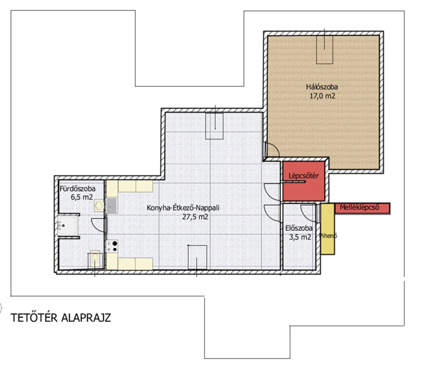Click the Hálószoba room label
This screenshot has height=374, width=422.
[322, 87]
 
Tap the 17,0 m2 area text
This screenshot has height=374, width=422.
[322, 96]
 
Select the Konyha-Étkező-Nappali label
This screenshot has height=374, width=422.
[183, 208]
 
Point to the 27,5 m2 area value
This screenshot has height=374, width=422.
[195, 217]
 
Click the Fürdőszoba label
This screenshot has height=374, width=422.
[77, 188]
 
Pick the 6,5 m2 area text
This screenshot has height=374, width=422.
[82, 197]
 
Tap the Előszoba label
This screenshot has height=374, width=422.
[299, 228]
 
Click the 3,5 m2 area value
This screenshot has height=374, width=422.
[300, 237]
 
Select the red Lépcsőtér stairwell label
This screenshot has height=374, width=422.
[304, 176]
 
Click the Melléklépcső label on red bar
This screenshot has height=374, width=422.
[359, 207]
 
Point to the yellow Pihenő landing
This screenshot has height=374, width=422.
[328, 229]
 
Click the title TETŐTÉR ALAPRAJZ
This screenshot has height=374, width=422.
[61, 318]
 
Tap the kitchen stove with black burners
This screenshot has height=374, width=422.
[112, 246]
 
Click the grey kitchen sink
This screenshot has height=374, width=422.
[112, 205]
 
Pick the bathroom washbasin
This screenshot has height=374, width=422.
[99, 206]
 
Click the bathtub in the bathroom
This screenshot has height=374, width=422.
[68, 226]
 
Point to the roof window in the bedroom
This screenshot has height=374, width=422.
[325, 50]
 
